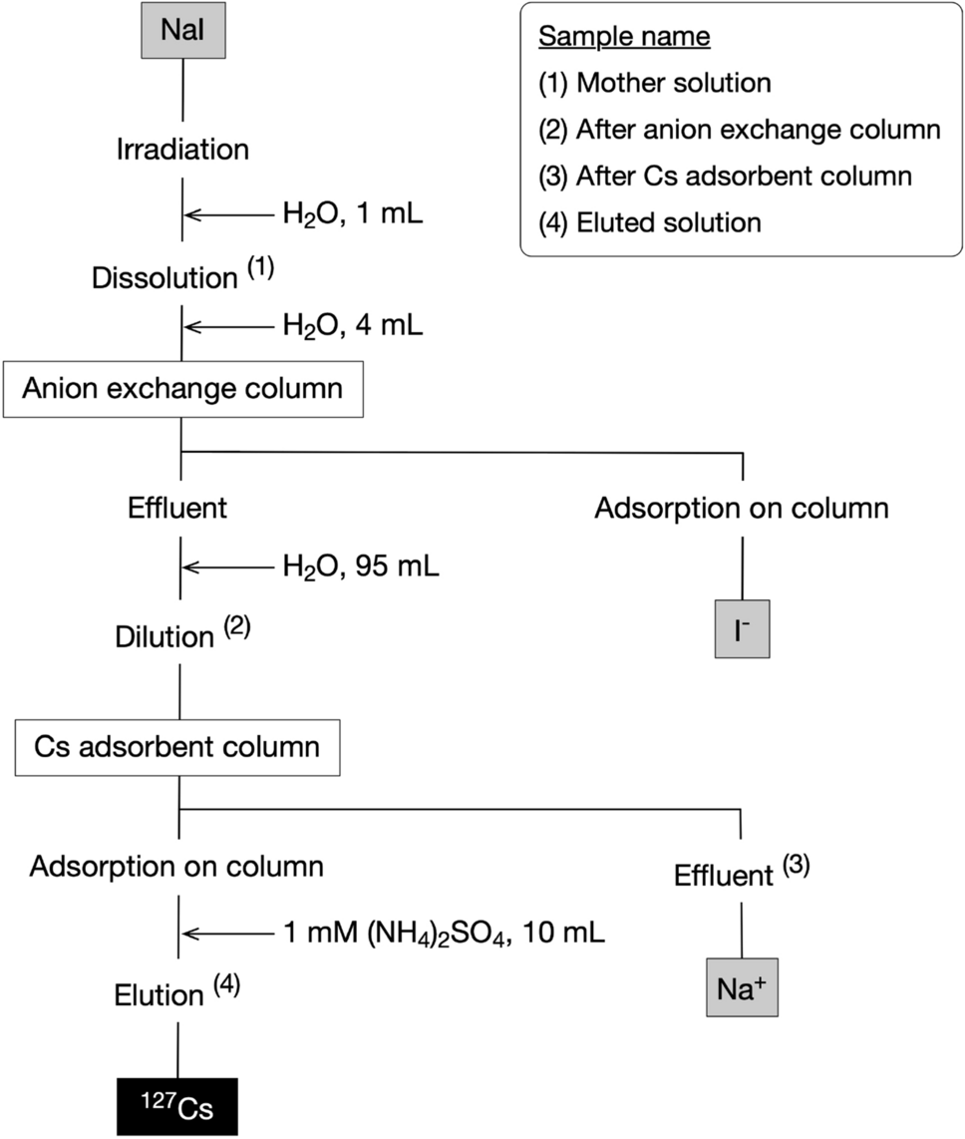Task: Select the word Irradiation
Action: (182, 150)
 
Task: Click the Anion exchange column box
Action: (181, 387)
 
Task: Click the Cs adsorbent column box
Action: (178, 746)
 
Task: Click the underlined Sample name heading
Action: (624, 38)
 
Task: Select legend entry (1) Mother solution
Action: (655, 83)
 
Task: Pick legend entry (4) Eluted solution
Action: (650, 221)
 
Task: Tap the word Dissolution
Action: (164, 278)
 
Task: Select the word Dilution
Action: (164, 636)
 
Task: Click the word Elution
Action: (160, 995)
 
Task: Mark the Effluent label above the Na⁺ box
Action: (724, 876)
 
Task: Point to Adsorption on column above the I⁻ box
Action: (742, 508)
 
